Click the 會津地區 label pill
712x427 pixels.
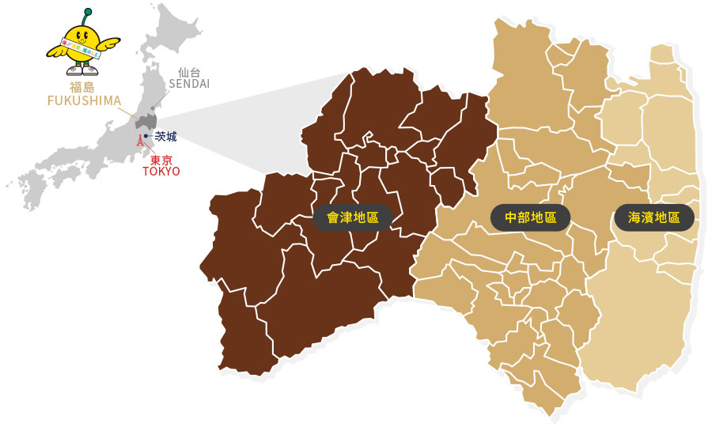click(x=353, y=217)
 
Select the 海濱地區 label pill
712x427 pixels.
click(x=654, y=217)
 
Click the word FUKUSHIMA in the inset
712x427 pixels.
click(x=84, y=100)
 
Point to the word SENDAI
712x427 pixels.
click(x=189, y=84)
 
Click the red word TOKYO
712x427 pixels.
click(x=161, y=172)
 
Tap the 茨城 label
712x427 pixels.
click(x=165, y=137)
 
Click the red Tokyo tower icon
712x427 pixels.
click(x=140, y=142)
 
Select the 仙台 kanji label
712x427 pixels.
click(x=189, y=72)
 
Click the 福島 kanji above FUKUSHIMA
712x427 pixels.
click(x=82, y=88)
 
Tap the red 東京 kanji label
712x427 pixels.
click(x=161, y=160)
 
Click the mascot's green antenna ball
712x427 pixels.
click(x=87, y=12)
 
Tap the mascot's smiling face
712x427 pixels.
click(x=83, y=36)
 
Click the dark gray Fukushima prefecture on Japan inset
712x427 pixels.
click(x=146, y=122)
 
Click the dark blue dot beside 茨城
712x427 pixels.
click(x=146, y=136)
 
